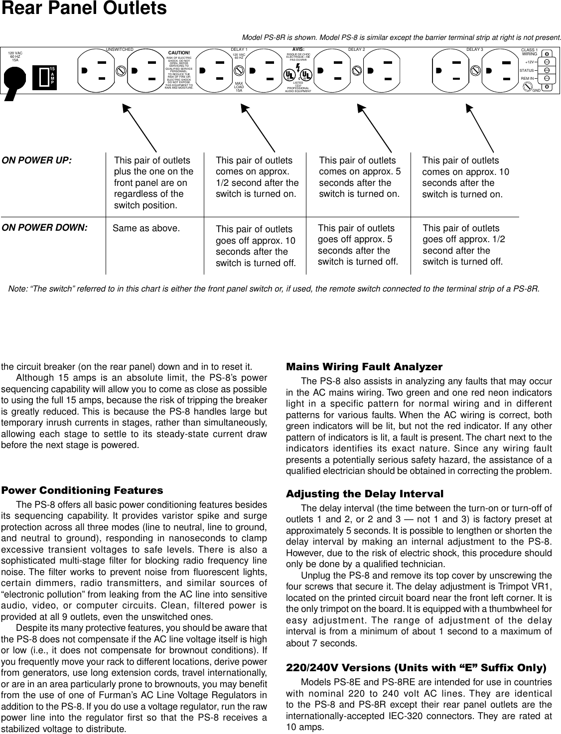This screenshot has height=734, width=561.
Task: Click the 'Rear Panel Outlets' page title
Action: (84, 9)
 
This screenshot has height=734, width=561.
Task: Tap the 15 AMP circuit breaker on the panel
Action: (44, 77)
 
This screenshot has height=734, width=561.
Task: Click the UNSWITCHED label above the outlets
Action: (120, 50)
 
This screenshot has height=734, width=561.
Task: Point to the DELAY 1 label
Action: (239, 50)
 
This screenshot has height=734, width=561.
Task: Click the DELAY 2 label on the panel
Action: (356, 50)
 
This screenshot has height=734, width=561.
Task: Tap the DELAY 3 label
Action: (474, 50)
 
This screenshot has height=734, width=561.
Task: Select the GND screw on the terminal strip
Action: (526, 87)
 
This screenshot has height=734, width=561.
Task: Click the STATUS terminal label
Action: (526, 70)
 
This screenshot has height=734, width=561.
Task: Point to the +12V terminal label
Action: (529, 62)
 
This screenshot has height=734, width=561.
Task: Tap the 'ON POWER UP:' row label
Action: (36, 161)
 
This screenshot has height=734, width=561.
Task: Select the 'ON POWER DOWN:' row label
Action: (44, 228)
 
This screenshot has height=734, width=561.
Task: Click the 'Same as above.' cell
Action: (146, 229)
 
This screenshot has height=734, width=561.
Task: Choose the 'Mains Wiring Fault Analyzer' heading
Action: (364, 367)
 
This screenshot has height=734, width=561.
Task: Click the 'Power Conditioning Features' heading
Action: (82, 490)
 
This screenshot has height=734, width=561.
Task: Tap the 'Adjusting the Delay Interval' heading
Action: (364, 494)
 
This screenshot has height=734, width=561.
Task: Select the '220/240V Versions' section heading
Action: (416, 668)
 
